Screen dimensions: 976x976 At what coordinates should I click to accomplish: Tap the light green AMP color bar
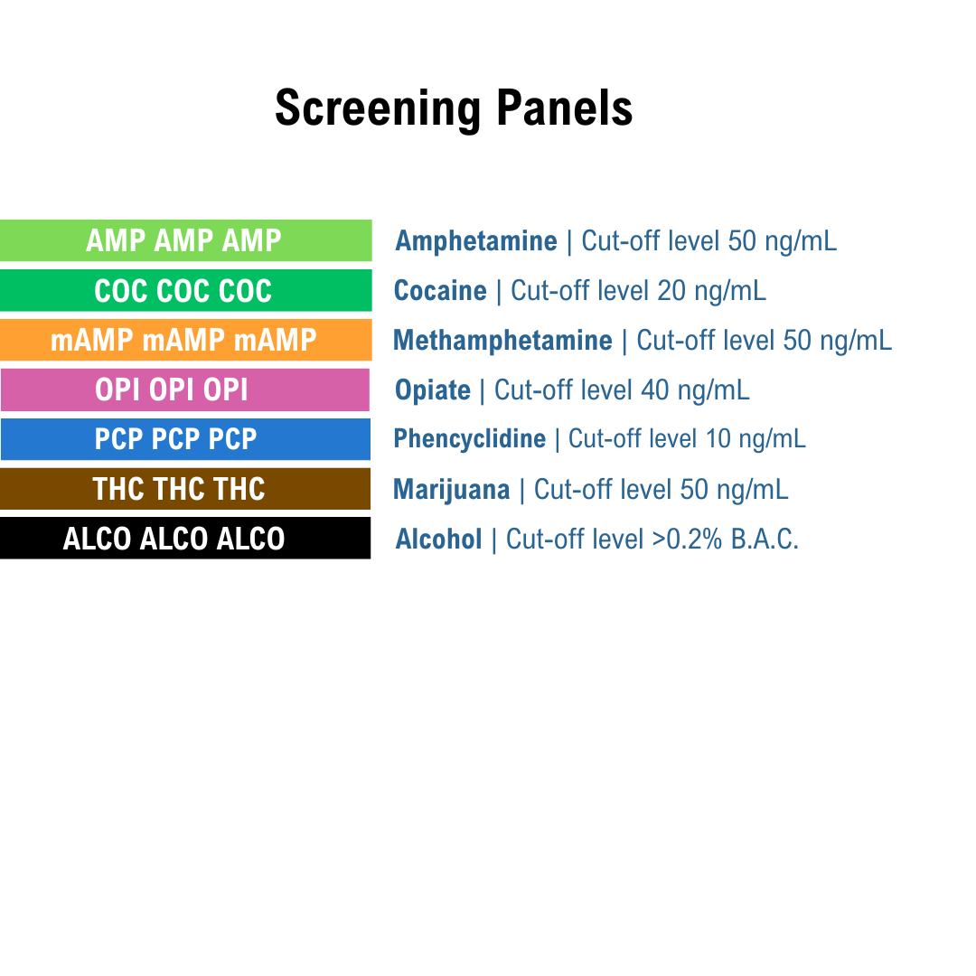tap(185, 240)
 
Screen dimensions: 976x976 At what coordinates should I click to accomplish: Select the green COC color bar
tap(185, 290)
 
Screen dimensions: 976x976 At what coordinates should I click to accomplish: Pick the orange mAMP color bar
tap(185, 340)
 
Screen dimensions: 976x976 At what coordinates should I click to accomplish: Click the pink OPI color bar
tap(185, 389)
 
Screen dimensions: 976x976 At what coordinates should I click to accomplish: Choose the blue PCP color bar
tap(185, 439)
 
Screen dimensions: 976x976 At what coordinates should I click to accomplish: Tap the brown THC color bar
tap(185, 489)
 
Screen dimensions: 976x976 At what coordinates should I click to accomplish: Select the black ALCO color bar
tap(185, 539)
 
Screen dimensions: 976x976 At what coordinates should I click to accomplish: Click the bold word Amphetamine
tap(475, 241)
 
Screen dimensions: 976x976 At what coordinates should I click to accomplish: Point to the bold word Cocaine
tap(440, 291)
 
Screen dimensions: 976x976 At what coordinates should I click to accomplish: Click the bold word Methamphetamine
tap(502, 341)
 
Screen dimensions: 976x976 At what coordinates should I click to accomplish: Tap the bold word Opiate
tap(433, 390)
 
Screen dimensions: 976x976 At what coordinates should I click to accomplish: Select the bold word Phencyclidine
tap(469, 439)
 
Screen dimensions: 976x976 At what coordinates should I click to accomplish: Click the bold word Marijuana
tap(451, 490)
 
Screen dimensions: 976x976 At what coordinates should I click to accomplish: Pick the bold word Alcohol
tap(438, 540)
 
